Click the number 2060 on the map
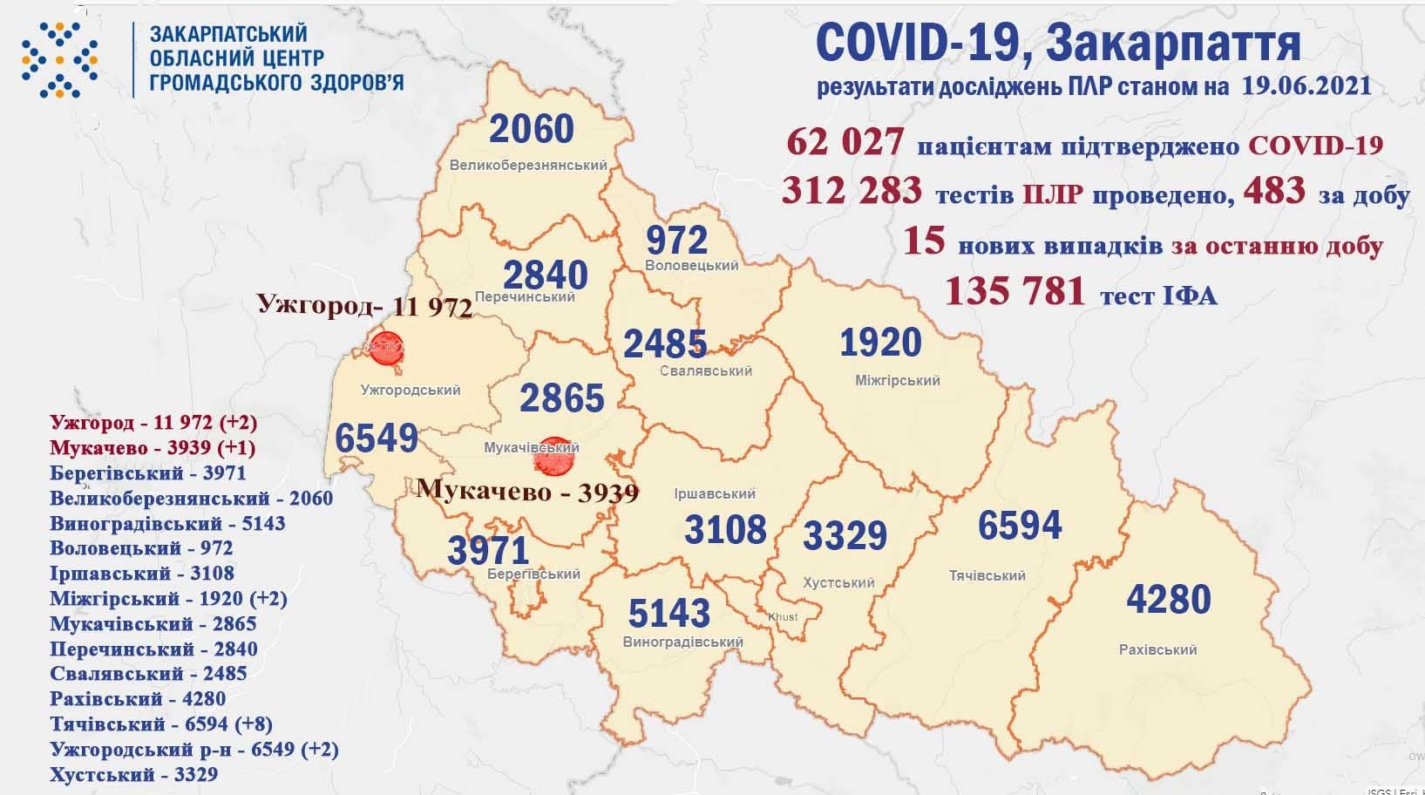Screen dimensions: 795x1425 click(532, 129)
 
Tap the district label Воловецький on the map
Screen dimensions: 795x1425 click(692, 265)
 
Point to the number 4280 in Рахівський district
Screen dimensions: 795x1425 click(1168, 600)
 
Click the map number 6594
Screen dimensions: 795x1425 click(1020, 526)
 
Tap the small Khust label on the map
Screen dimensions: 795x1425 click(783, 616)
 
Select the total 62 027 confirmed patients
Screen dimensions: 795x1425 click(845, 142)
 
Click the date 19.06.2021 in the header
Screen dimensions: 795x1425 click(1302, 86)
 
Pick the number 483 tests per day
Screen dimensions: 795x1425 click(1274, 191)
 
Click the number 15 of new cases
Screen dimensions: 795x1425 click(924, 241)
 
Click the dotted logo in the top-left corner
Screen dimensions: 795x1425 click(59, 58)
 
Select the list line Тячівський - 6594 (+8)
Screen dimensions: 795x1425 click(161, 724)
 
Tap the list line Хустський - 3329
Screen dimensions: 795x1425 click(133, 774)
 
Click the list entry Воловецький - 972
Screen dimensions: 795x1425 click(141, 547)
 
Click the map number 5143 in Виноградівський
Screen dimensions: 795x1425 click(669, 613)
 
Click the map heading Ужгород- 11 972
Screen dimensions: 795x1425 click(363, 307)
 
